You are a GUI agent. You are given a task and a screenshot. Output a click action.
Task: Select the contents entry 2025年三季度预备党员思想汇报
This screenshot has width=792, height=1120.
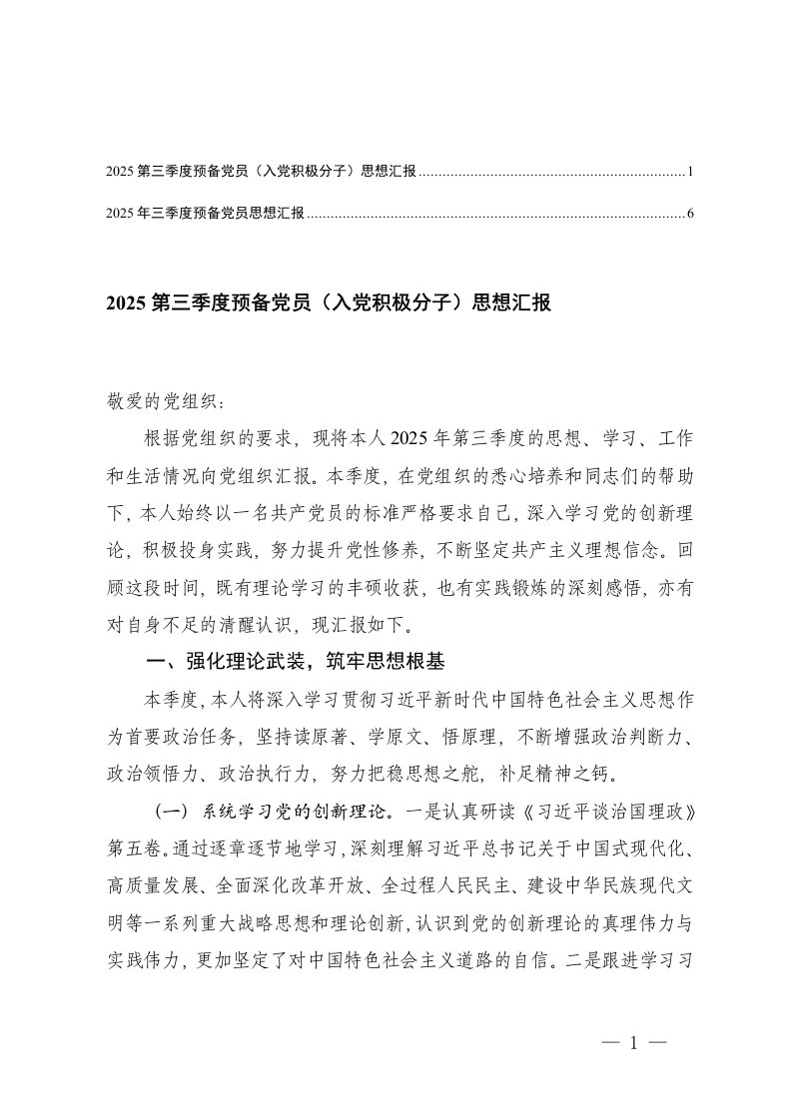tap(204, 213)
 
